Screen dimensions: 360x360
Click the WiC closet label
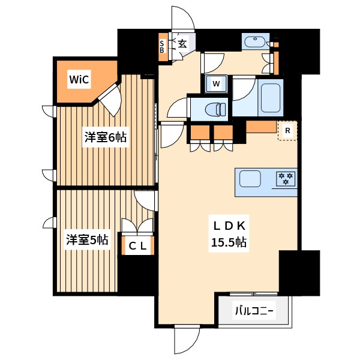tap(79, 79)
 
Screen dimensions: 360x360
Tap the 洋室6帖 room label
tap(105, 137)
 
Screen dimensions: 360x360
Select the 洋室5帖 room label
tap(88, 240)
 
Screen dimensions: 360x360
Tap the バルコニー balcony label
tap(254, 311)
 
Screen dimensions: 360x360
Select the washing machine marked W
tap(217, 83)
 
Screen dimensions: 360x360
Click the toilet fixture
tap(213, 110)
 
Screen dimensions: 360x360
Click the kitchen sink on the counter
tap(250, 179)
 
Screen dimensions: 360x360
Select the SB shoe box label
tap(162, 47)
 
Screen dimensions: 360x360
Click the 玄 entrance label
tap(182, 43)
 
